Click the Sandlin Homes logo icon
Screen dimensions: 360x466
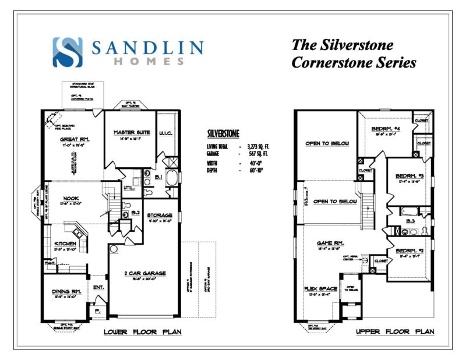[x=68, y=51]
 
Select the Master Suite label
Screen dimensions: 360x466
[x=132, y=133]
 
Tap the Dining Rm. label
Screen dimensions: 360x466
[x=66, y=291]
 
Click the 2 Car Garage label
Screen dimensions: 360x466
[x=144, y=272]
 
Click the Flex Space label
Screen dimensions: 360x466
[x=319, y=288]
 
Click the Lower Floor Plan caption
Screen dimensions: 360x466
[x=142, y=333]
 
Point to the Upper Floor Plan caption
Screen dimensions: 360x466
[x=395, y=333]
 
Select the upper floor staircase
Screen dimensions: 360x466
[x=369, y=208]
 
